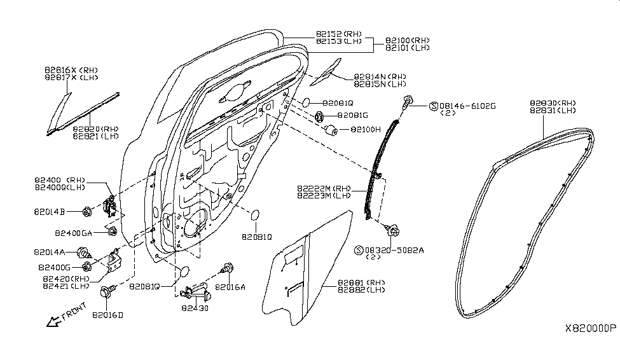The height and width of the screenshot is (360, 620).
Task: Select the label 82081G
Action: point(352,116)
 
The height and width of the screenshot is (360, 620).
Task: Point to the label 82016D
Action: point(108,314)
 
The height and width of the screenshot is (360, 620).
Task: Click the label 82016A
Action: point(230,287)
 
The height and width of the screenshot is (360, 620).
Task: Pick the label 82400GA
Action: point(77,232)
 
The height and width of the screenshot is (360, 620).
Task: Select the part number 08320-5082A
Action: point(394,250)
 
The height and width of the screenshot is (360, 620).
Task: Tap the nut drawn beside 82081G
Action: point(320,116)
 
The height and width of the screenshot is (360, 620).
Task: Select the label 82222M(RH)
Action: point(323,188)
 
